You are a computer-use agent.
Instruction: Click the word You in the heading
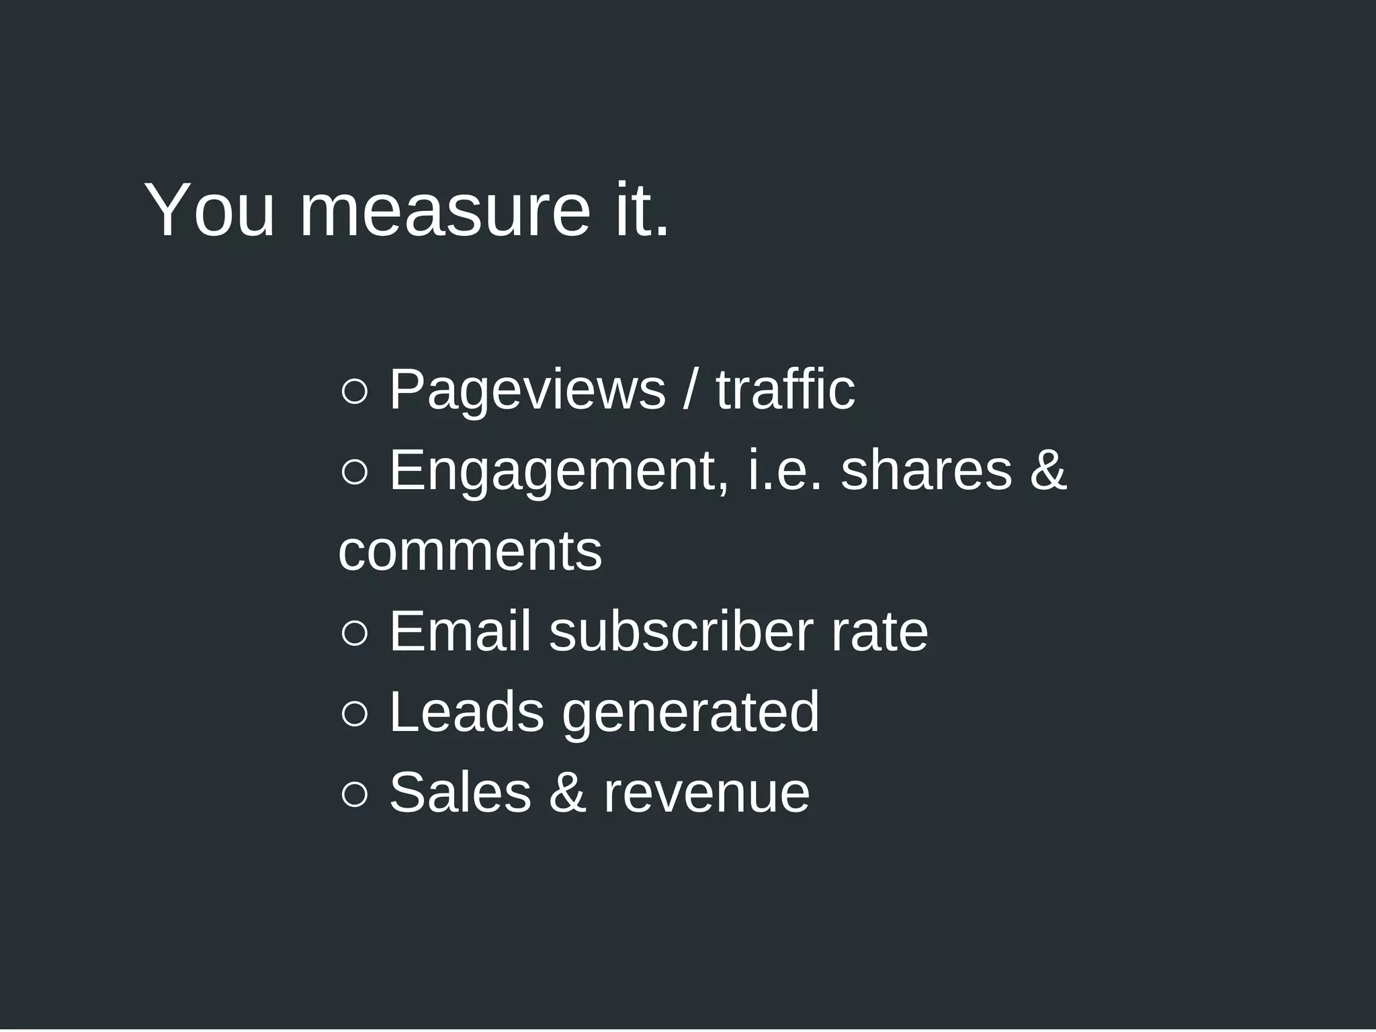coord(209,211)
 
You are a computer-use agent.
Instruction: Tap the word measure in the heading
coord(444,211)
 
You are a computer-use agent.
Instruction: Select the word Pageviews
coord(527,390)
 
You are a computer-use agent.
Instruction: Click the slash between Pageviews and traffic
coord(690,390)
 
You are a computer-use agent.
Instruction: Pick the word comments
coord(470,552)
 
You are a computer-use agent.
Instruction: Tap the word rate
coord(879,633)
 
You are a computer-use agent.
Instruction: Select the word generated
coord(691,714)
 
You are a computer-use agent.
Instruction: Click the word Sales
coord(460,793)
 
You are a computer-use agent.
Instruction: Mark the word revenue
coord(706,795)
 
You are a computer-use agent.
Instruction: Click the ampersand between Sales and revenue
coord(567,793)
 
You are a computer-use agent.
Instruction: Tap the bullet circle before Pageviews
coord(354,392)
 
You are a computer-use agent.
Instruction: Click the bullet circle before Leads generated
coord(354,714)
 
